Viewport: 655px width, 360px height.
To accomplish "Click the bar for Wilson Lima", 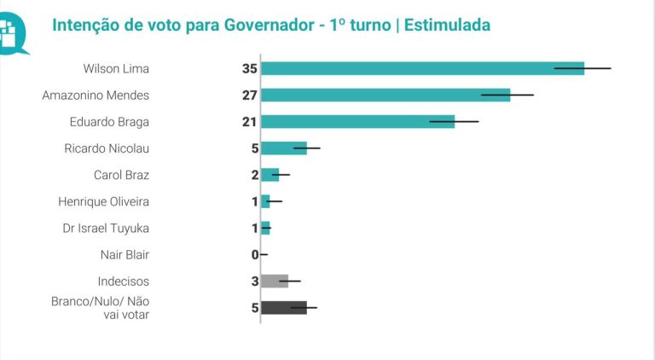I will coord(422,68).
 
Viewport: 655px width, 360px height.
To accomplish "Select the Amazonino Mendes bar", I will coord(385,95).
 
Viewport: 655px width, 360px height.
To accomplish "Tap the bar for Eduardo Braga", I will coord(357,121).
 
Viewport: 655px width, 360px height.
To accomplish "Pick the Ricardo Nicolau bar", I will coord(283,148).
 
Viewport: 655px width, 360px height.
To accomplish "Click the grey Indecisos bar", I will coord(275,281).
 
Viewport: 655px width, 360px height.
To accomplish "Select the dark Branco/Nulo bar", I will coord(283,307).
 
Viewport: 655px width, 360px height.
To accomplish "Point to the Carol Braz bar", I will coord(270,175).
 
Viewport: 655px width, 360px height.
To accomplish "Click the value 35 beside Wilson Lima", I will coord(249,68).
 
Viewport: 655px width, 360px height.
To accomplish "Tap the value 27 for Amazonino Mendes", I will coord(249,95).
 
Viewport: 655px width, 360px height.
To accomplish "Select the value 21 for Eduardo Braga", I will coord(249,122).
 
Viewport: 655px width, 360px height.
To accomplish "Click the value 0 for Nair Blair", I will coord(254,254).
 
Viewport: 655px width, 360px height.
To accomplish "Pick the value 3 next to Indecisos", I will coord(254,281).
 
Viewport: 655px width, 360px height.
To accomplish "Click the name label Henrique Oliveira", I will coord(103,201).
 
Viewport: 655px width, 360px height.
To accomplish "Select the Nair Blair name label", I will coord(125,254).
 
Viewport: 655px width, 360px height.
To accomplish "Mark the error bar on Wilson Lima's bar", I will coord(583,68).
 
